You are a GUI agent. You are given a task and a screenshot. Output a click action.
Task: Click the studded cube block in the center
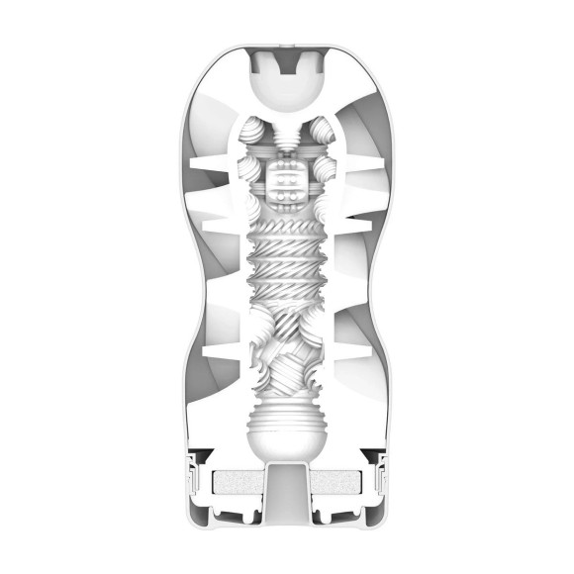tap(287, 182)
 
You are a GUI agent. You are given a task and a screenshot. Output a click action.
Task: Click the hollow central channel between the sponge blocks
tap(287, 490)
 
